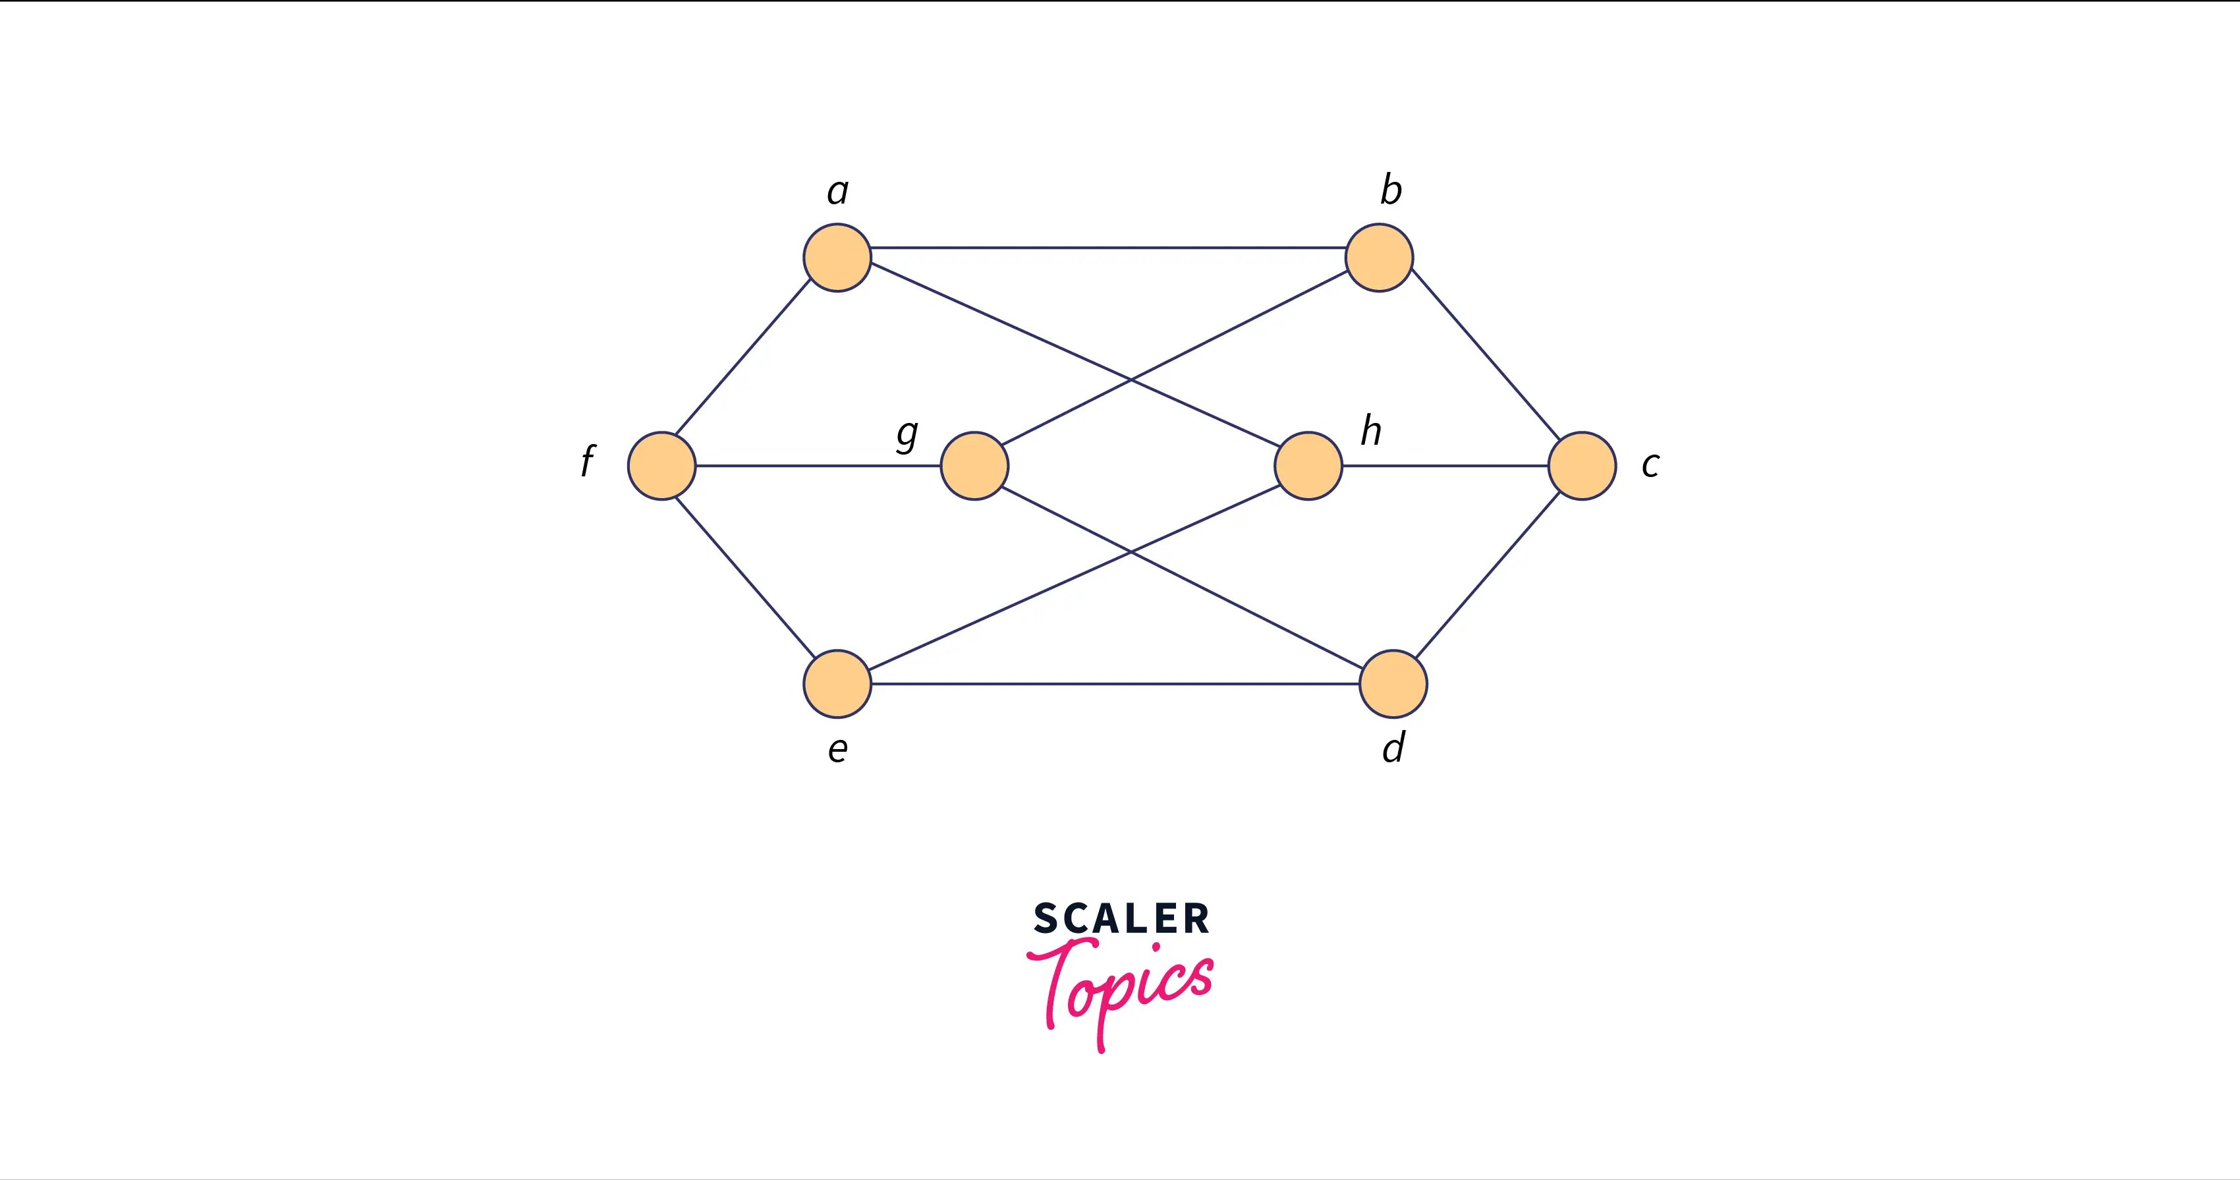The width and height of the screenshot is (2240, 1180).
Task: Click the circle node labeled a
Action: pos(837,258)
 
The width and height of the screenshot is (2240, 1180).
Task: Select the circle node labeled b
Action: pos(1378,258)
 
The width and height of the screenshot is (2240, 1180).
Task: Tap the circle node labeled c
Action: pos(1582,465)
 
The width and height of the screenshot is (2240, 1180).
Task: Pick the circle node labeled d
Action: pos(1392,683)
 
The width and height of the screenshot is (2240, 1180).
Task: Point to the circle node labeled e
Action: pos(837,683)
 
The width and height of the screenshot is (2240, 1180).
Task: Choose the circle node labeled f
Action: pos(661,465)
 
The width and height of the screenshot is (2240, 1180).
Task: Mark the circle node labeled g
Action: pos(974,465)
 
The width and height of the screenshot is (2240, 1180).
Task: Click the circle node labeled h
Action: pos(1308,465)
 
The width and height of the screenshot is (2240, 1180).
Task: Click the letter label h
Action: pos(1371,430)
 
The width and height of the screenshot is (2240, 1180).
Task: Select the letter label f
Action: pos(588,461)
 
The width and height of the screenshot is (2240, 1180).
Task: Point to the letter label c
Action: pos(1650,465)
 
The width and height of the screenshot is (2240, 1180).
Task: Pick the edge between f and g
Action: pos(818,465)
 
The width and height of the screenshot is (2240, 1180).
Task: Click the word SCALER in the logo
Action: pos(1121,919)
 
